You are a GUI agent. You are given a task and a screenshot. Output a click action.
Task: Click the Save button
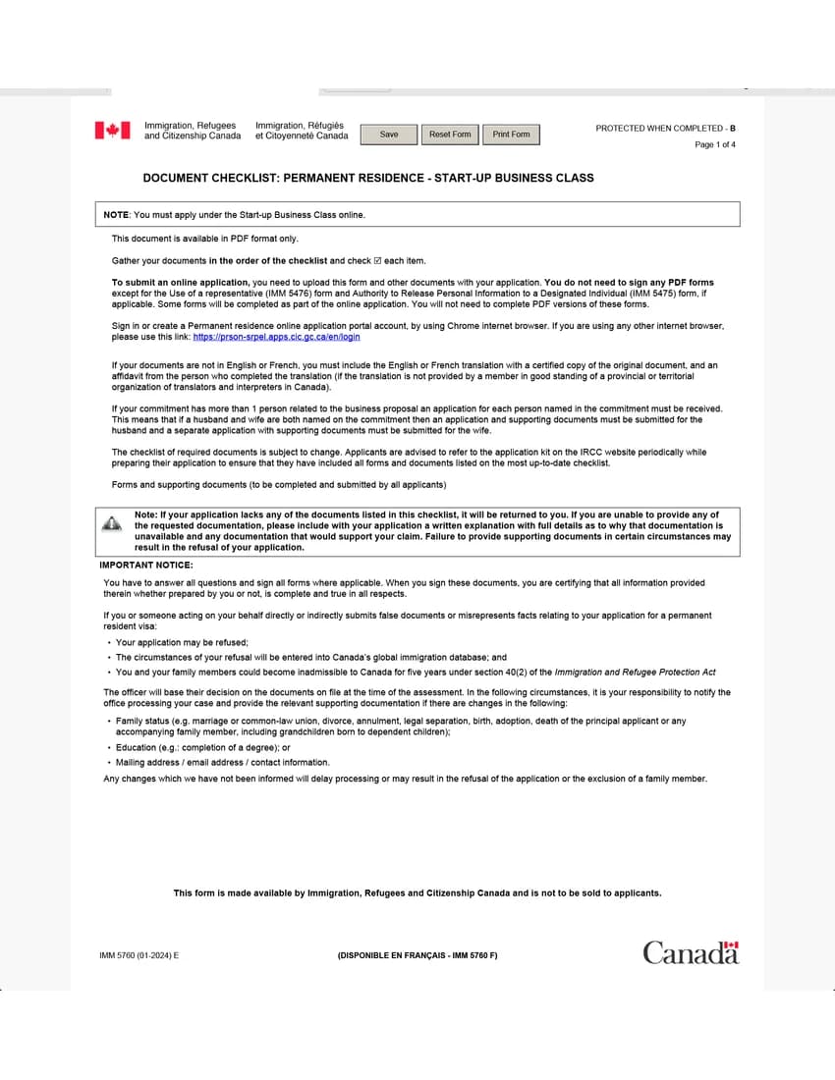389,135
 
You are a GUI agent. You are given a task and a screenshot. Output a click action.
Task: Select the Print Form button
511,135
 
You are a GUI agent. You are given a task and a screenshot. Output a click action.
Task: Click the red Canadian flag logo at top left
112,131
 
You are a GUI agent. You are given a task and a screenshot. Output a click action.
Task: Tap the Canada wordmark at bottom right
691,952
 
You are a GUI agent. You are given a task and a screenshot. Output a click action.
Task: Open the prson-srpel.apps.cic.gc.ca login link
276,337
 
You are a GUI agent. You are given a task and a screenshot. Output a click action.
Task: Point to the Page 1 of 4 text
714,145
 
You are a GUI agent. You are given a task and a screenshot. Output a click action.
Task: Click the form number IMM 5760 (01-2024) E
139,955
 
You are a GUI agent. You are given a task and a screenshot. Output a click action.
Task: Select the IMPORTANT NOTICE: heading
146,566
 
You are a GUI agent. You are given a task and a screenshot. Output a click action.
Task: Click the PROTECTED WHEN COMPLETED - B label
665,129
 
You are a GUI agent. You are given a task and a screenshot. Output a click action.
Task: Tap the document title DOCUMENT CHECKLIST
368,179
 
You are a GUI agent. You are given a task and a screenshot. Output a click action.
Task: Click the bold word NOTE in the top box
116,215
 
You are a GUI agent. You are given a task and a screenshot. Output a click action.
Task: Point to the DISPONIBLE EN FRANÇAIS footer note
417,955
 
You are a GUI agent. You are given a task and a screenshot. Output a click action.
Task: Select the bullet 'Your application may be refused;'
182,643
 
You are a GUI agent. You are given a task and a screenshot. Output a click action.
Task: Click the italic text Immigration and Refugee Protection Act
635,673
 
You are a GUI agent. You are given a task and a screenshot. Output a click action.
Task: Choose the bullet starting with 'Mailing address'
222,763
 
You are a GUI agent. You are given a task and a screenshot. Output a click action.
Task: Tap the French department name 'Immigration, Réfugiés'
300,126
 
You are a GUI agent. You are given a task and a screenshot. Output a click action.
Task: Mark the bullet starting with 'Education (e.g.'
202,748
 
